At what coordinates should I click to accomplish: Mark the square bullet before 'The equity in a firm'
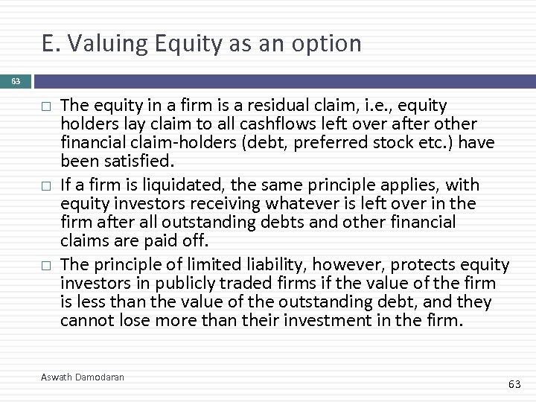coord(45,107)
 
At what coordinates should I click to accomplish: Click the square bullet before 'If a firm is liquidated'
coord(45,185)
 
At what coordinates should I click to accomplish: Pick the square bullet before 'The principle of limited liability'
coord(45,264)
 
